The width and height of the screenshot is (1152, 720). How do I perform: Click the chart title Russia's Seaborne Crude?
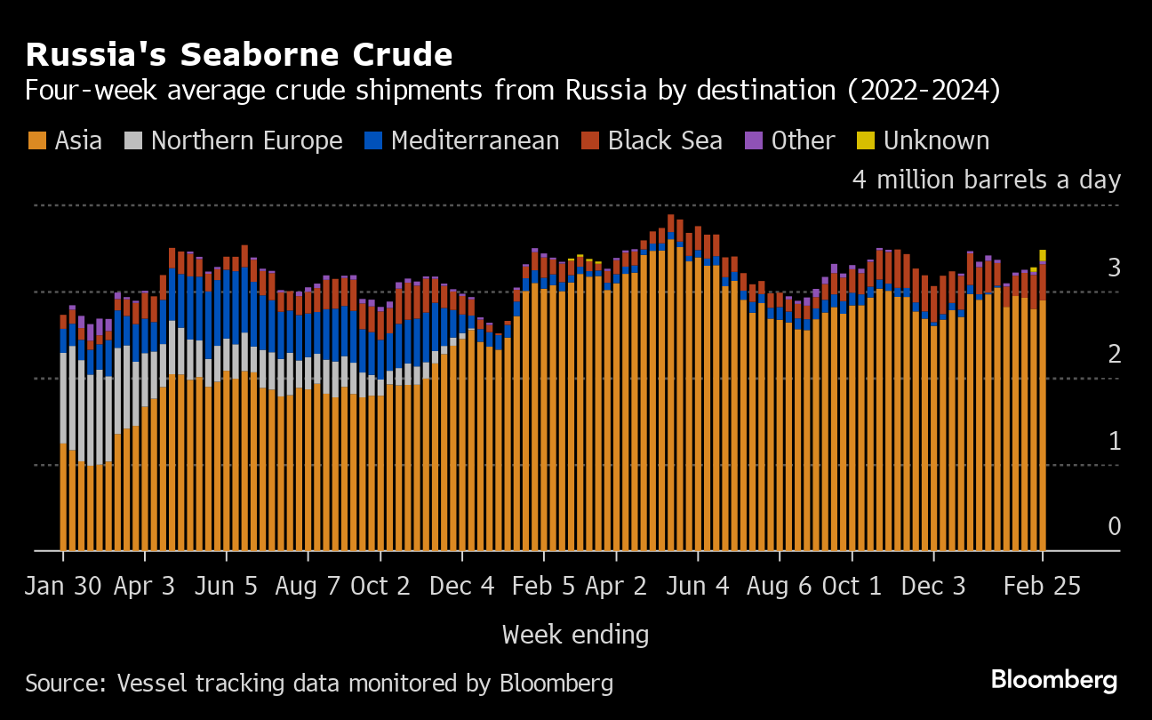239,55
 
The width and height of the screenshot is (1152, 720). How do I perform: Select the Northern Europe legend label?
246,140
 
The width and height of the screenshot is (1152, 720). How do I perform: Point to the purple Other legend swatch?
754,140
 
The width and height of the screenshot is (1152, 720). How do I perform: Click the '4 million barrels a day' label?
987,180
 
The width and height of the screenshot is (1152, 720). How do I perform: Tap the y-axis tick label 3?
1114,268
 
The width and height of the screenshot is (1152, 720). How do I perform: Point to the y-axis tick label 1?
1114,441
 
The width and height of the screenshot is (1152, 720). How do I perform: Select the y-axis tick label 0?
1114,527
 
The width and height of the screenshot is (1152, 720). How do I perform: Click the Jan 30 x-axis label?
63,587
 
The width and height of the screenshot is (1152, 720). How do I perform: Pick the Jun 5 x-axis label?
227,587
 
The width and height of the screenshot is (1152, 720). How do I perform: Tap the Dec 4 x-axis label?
462,587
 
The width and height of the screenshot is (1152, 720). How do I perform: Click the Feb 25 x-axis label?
1043,587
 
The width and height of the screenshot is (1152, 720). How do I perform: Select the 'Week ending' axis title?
575,635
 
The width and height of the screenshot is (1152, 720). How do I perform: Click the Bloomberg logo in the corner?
1054,680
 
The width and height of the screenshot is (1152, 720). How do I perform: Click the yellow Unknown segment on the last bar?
1043,255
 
